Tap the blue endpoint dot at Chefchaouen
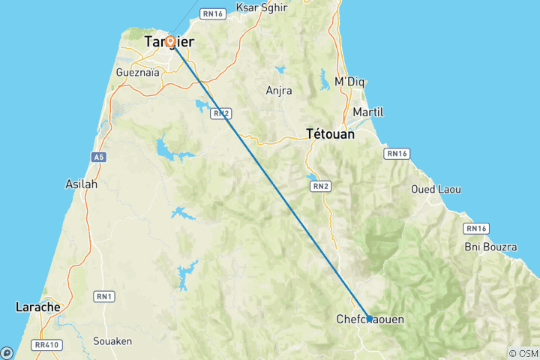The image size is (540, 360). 369,318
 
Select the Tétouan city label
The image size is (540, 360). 330,134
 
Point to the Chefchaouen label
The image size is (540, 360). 370,320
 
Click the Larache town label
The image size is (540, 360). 37,307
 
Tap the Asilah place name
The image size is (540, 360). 81,183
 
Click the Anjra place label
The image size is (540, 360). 279,91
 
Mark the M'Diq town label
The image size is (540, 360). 349,82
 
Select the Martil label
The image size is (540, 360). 367,112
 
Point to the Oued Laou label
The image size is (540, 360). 433,189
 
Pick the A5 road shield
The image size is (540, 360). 98,157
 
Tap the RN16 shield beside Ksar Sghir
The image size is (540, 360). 214,13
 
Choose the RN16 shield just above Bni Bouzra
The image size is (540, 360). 476,228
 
